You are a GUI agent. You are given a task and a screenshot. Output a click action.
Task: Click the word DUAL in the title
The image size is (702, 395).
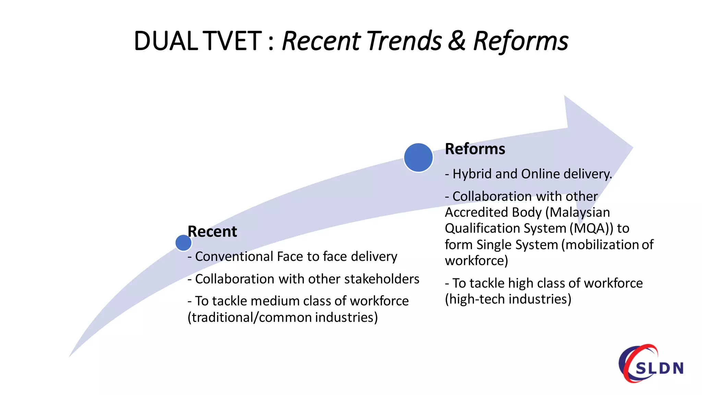166,41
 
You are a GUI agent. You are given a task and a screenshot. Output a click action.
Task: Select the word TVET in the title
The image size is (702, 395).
232,41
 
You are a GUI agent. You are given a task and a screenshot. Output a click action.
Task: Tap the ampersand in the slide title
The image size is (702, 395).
457,41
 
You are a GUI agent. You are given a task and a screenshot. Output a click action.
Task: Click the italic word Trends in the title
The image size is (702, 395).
404,41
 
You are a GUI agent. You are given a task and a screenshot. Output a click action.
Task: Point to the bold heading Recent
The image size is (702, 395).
212,232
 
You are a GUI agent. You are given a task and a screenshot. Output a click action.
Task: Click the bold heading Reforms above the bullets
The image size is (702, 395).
475,149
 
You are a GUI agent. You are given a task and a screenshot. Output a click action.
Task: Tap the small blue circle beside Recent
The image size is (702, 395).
183,243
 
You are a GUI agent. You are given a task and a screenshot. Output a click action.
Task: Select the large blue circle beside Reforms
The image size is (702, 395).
418,157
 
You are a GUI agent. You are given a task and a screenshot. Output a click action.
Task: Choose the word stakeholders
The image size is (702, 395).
382,279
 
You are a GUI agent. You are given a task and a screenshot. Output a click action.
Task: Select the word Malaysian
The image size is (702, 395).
580,213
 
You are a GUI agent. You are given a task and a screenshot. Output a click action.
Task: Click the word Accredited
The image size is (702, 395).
476,213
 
